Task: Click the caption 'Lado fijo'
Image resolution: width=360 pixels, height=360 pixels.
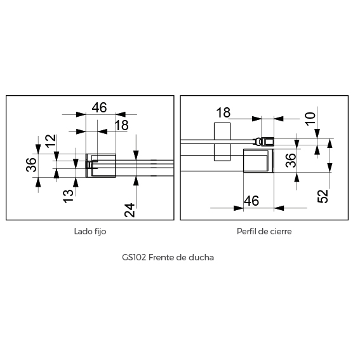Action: [x=90, y=231]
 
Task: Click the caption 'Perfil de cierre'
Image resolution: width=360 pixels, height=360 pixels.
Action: [x=264, y=231]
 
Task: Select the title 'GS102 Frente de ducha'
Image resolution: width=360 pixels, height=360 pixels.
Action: [x=168, y=257]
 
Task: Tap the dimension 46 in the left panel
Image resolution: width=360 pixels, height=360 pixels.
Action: [x=100, y=107]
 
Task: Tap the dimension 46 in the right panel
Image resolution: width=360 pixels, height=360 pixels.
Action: [x=251, y=201]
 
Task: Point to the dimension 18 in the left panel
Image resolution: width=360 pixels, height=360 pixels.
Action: [x=121, y=125]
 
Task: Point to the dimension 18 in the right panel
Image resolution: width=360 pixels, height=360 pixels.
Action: [x=223, y=112]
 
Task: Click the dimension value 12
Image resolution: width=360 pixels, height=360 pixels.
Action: [x=51, y=141]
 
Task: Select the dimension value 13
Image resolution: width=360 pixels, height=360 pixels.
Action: [x=68, y=196]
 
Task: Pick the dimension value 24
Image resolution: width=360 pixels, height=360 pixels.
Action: [x=130, y=210]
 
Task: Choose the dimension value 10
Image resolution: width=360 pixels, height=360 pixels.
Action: [x=310, y=119]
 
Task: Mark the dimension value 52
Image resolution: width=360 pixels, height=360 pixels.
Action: [x=323, y=196]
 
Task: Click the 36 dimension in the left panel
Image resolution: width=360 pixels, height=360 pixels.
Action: [x=31, y=164]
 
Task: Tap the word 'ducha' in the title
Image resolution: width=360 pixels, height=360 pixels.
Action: [x=201, y=257]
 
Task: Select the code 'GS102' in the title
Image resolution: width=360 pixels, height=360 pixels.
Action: [x=134, y=257]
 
